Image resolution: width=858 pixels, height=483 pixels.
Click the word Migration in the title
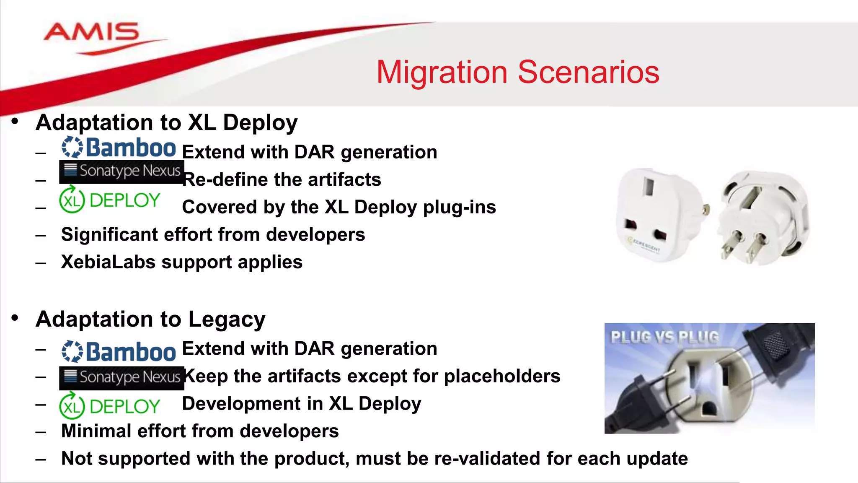pos(442,72)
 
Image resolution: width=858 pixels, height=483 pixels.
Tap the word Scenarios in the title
pos(589,72)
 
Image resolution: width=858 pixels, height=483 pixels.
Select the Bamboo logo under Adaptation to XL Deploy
pos(119,148)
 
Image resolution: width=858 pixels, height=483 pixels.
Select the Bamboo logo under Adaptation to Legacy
pos(119,351)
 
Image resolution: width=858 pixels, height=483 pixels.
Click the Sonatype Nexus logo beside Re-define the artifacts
pos(121,171)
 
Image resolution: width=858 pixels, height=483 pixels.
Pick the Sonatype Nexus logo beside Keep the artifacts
pos(121,377)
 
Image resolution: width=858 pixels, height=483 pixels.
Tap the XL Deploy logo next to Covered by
pos(110,200)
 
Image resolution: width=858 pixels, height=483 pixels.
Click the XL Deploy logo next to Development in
pos(110,406)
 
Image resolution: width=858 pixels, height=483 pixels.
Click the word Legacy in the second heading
pos(227,319)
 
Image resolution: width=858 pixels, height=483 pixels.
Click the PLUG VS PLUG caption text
pos(664,337)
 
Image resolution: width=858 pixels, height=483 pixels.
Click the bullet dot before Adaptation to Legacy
pos(15,318)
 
